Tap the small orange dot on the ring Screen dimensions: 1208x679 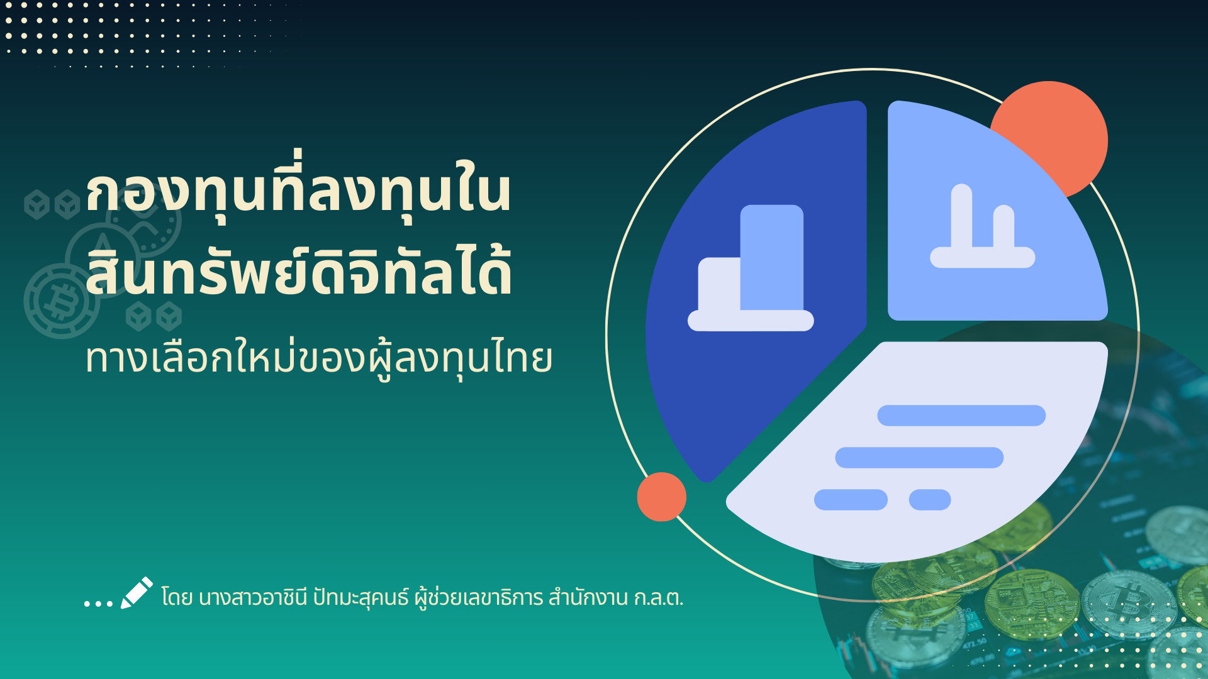pos(661,497)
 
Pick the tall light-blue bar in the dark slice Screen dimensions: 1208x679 pos(772,258)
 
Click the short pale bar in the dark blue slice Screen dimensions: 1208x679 pos(719,284)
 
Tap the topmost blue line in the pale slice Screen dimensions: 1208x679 pos(961,416)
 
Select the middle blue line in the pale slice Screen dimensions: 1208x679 pos(919,458)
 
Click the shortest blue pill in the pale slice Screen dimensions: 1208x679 pos(930,500)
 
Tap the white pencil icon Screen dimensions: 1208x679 pos(137,593)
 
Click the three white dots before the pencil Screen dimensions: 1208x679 pos(98,604)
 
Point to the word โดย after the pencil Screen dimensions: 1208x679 pos(177,597)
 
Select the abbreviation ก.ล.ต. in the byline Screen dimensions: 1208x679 pos(658,597)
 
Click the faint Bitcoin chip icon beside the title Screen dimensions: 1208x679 pos(62,301)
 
